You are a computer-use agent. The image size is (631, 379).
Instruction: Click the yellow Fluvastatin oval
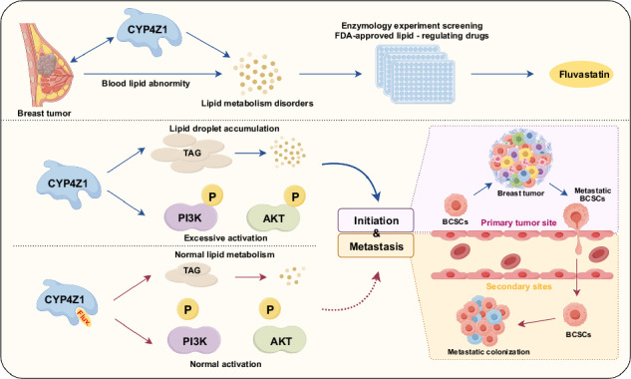(581, 75)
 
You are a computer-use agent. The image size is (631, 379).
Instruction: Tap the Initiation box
(376, 220)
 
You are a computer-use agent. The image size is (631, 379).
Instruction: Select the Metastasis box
(376, 245)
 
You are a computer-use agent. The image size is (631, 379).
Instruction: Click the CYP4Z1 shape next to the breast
(149, 32)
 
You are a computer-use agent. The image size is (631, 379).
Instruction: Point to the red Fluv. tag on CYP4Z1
(85, 317)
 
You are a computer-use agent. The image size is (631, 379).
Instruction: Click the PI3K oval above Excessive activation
(190, 217)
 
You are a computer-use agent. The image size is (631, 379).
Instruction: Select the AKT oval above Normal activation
(280, 340)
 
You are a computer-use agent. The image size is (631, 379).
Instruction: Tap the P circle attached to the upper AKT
(295, 196)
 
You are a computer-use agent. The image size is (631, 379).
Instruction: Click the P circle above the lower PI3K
(187, 309)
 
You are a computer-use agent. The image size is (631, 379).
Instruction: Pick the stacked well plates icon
(416, 74)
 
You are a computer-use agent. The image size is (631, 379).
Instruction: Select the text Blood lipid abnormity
(146, 84)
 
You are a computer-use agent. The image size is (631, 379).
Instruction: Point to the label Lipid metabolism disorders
(257, 103)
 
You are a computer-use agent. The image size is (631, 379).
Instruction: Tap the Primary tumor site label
(518, 222)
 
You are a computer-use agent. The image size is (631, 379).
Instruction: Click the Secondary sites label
(518, 286)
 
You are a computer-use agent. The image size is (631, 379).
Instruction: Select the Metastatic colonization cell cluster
(482, 320)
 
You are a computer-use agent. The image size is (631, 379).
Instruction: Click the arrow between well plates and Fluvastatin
(502, 74)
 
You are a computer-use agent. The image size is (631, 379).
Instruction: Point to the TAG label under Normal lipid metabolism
(191, 270)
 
